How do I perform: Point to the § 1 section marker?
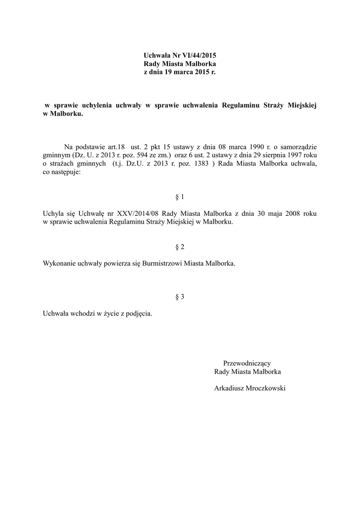coord(180,197)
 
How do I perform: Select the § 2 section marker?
coord(180,247)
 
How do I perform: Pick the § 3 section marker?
coord(180,297)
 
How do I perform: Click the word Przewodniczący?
coord(247,363)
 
